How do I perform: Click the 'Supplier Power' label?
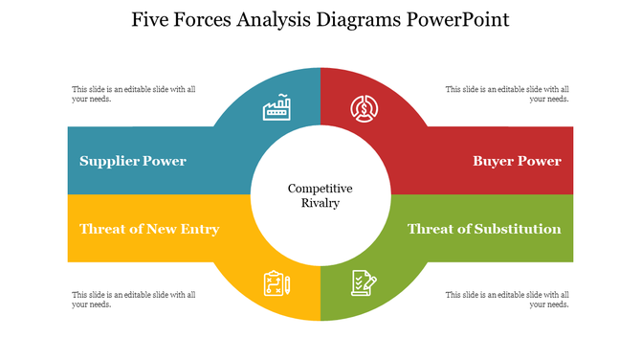pos(133,161)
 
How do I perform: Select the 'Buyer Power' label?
pos(517,161)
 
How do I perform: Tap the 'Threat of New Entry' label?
pos(149,229)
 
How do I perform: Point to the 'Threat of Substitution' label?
pos(484,229)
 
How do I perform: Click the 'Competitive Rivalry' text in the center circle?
pos(320,195)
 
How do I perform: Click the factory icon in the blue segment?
pos(276,108)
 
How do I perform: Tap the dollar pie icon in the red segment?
pos(364,108)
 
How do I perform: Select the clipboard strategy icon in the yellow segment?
pos(276,283)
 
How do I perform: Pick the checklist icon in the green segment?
pos(364,282)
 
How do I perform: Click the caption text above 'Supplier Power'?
pos(134,94)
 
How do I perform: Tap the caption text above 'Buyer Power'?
pos(507,94)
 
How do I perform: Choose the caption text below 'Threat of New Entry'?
pos(134,300)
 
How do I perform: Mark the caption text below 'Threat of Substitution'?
pos(507,300)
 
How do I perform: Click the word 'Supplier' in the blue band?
pos(111,161)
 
